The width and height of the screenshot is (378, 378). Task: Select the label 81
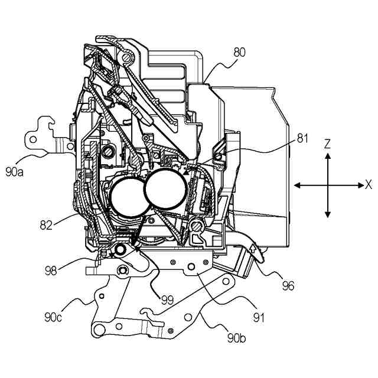302,138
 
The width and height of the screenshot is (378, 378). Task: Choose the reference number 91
258,318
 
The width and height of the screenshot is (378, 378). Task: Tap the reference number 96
288,286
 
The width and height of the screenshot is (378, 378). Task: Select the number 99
167,300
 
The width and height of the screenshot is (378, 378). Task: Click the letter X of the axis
369,184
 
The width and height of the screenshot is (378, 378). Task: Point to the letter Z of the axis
328,143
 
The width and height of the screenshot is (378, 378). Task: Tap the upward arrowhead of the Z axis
328,156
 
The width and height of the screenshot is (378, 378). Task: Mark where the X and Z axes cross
328,185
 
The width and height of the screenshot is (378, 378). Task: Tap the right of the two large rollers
167,188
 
